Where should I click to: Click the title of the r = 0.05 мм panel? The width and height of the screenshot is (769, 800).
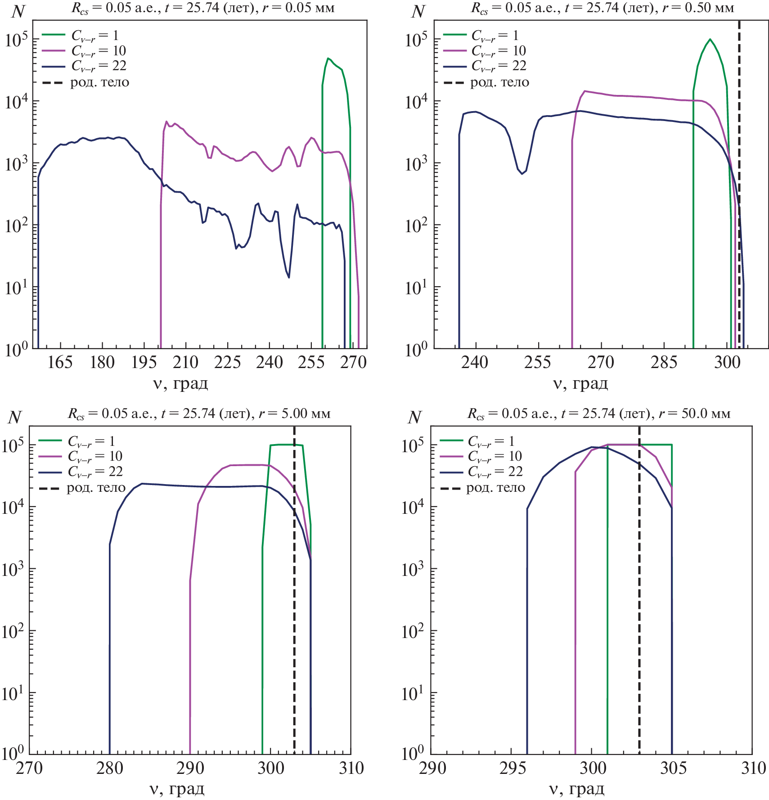click(x=203, y=9)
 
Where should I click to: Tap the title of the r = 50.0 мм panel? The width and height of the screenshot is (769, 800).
click(x=599, y=413)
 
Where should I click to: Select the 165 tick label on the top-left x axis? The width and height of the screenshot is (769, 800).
click(x=60, y=363)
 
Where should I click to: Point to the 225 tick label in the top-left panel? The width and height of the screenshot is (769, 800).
click(x=227, y=363)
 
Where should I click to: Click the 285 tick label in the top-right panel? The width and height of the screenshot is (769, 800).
click(x=664, y=363)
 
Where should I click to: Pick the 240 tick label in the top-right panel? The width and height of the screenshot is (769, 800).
click(x=475, y=363)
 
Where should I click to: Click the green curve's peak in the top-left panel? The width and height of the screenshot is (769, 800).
click(x=328, y=58)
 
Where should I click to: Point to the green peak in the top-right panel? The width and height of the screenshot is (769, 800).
click(x=710, y=39)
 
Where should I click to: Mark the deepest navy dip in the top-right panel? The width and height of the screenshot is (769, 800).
click(x=522, y=174)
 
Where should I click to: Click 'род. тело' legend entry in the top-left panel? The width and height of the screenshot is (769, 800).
click(x=99, y=82)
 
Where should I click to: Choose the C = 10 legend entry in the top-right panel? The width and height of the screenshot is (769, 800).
click(x=499, y=51)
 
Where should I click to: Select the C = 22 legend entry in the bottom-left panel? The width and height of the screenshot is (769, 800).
click(x=95, y=472)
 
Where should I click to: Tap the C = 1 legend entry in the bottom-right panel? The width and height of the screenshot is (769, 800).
click(x=491, y=441)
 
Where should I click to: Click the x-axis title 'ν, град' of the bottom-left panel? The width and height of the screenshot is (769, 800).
click(x=177, y=789)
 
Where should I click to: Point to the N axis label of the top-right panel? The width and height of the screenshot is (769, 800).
click(x=418, y=12)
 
